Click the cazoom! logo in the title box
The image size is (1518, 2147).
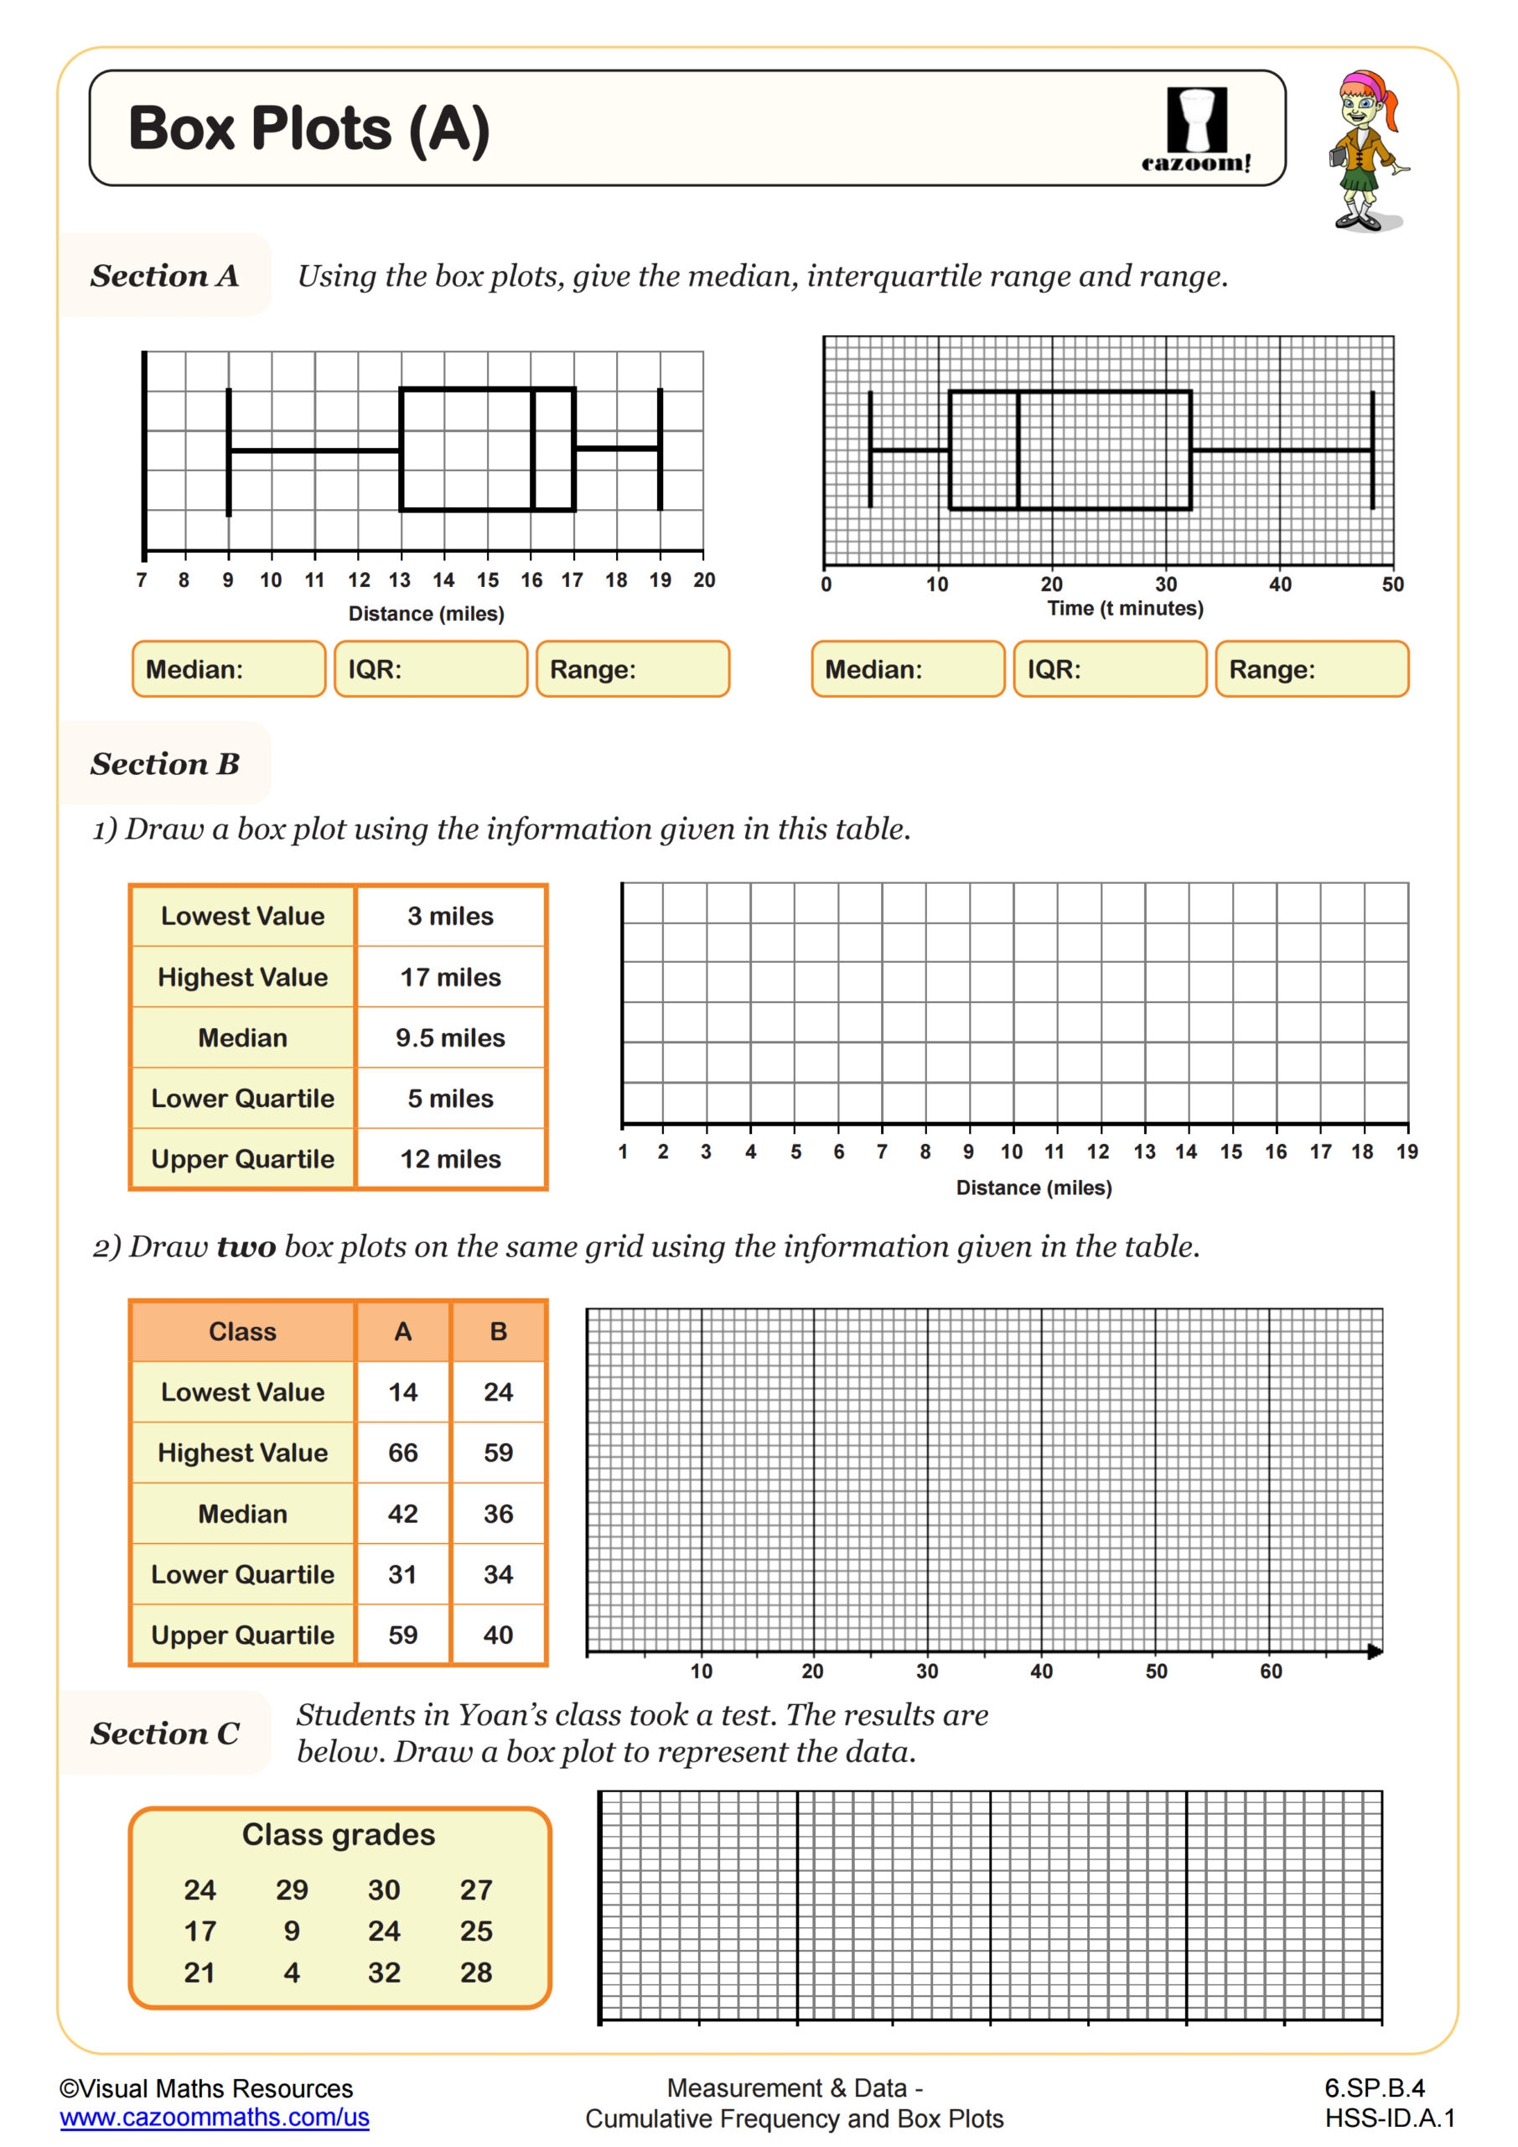pyautogui.click(x=1195, y=129)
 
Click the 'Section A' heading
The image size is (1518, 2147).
pyautogui.click(x=164, y=276)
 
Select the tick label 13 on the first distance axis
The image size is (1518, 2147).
pyautogui.click(x=399, y=580)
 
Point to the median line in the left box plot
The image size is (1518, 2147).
pyautogui.click(x=533, y=449)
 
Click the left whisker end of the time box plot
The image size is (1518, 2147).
pyautogui.click(x=870, y=450)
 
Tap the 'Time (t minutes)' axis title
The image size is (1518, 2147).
pyautogui.click(x=1125, y=608)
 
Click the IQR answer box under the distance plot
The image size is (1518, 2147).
pyautogui.click(x=430, y=668)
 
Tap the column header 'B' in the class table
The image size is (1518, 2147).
pyautogui.click(x=498, y=1331)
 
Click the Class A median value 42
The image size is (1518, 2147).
pyautogui.click(x=402, y=1513)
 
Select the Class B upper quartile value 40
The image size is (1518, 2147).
pyautogui.click(x=498, y=1635)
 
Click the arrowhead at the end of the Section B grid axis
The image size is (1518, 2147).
pyautogui.click(x=1374, y=1651)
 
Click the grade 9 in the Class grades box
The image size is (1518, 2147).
pyautogui.click(x=292, y=1931)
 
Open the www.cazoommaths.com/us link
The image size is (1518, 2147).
pyautogui.click(x=214, y=2117)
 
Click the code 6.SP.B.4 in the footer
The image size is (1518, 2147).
pyautogui.click(x=1374, y=2088)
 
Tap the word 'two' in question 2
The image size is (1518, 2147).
pyautogui.click(x=246, y=1246)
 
